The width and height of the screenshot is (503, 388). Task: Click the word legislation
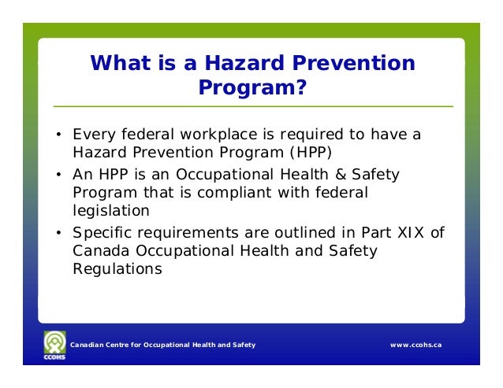111,211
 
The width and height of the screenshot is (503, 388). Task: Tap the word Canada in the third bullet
99,251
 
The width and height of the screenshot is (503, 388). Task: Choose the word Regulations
117,268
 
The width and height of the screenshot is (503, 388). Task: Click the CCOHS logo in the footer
56,346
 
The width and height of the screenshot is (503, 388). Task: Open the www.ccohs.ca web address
415,346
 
